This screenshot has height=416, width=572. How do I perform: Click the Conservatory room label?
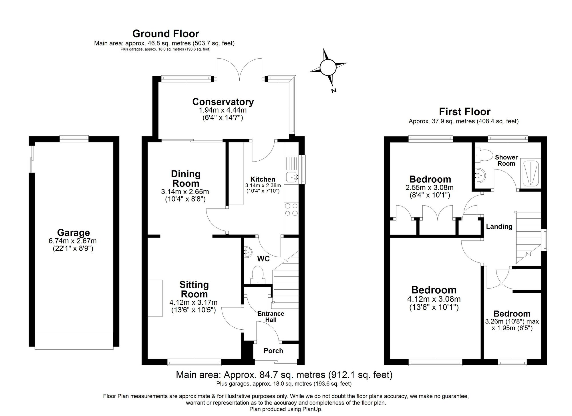(x=223, y=102)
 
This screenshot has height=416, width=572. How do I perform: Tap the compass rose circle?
(x=328, y=67)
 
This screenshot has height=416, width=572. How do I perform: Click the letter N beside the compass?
(x=333, y=91)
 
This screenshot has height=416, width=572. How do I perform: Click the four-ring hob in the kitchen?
(x=291, y=209)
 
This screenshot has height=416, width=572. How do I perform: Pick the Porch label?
(x=273, y=351)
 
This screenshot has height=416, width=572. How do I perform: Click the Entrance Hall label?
(x=271, y=317)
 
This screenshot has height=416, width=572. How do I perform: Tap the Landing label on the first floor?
(x=499, y=226)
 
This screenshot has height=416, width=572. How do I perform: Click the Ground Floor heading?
(x=166, y=34)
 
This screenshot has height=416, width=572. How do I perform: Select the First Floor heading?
(x=465, y=112)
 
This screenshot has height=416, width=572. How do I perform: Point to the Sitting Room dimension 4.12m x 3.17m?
(x=193, y=302)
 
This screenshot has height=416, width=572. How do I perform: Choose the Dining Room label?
(x=186, y=178)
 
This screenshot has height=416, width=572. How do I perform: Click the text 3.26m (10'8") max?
(x=512, y=321)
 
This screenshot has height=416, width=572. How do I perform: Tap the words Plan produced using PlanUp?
(x=286, y=409)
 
